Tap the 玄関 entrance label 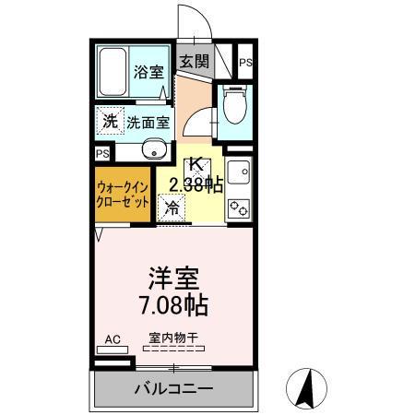(x=194, y=62)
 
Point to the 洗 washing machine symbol (x=110, y=121)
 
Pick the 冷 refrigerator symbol (x=172, y=207)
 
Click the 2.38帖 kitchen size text (x=191, y=184)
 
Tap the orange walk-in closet (x=123, y=194)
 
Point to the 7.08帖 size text (x=173, y=302)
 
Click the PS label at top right (x=244, y=62)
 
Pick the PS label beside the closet (x=101, y=153)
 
